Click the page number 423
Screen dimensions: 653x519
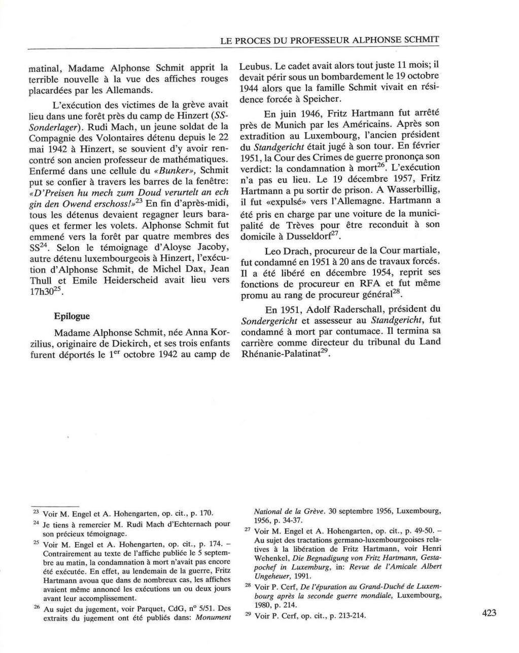pyautogui.click(x=489, y=613)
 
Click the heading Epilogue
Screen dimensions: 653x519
pyautogui.click(x=72, y=316)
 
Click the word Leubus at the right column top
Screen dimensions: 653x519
pyautogui.click(x=256, y=66)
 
